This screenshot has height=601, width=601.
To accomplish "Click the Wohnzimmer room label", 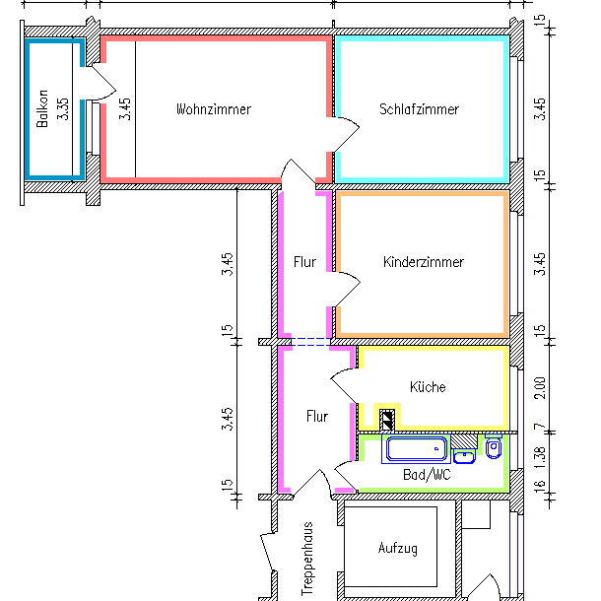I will click(x=213, y=109).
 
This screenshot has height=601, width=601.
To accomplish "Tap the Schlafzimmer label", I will click(x=419, y=109).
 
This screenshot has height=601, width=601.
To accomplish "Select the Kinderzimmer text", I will click(x=423, y=262).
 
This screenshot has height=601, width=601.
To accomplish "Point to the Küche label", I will click(x=428, y=387).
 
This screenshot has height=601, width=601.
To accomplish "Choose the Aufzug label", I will click(x=398, y=548).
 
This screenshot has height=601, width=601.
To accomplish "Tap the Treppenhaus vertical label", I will click(x=306, y=558).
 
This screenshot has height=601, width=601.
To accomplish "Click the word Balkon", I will click(x=42, y=111).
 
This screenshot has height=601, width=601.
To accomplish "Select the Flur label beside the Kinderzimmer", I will click(x=304, y=262).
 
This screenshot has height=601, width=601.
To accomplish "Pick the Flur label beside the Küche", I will click(x=316, y=417).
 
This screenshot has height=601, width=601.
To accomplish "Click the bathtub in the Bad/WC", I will click(x=417, y=450).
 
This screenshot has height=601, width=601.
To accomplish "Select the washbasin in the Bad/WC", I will click(x=465, y=455).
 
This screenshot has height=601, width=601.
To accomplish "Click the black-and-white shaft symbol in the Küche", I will click(x=387, y=419).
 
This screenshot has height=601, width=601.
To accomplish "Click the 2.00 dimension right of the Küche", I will click(x=539, y=386).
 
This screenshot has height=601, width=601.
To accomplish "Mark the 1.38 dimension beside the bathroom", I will click(x=539, y=455).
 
